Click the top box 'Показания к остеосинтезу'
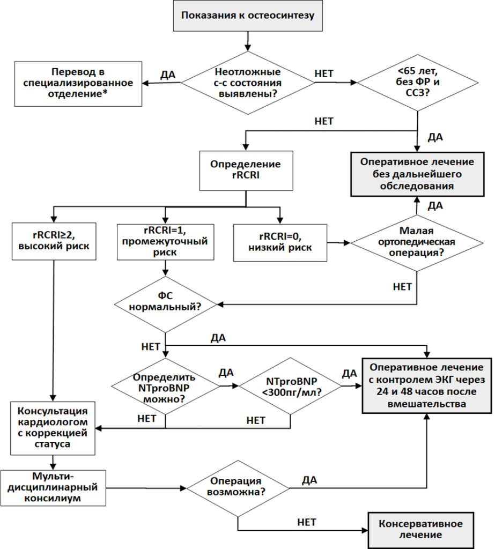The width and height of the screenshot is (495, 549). click(x=248, y=16)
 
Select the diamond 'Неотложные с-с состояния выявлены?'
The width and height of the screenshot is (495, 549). click(x=248, y=83)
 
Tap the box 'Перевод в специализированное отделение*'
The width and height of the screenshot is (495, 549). click(x=78, y=84)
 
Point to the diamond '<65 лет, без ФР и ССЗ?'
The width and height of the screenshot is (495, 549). click(x=418, y=83)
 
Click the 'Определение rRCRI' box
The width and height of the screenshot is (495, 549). click(x=246, y=170)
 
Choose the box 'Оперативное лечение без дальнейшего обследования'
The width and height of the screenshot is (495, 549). click(x=417, y=174)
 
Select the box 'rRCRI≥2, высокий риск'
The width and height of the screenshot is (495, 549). click(x=54, y=241)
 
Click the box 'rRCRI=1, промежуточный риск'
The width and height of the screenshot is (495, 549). click(x=165, y=242)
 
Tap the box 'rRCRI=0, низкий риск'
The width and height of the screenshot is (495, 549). click(x=280, y=243)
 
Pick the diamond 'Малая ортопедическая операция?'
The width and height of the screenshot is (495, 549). click(x=417, y=242)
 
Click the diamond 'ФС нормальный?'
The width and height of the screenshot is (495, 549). click(x=165, y=305)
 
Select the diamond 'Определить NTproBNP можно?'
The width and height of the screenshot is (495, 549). click(x=165, y=386)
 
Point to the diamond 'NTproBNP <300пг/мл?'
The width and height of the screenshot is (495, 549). click(x=290, y=386)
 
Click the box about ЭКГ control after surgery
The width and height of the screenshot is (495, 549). click(x=427, y=386)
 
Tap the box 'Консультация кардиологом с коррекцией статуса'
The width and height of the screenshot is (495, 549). click(x=53, y=428)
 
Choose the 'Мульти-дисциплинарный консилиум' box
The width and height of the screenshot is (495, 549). click(x=53, y=488)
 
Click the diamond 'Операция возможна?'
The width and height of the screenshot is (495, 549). click(x=238, y=488)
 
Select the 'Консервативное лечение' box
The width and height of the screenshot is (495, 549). click(x=420, y=530)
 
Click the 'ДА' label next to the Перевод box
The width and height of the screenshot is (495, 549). click(x=168, y=75)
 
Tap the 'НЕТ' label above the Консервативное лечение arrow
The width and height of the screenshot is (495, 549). click(x=307, y=522)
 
